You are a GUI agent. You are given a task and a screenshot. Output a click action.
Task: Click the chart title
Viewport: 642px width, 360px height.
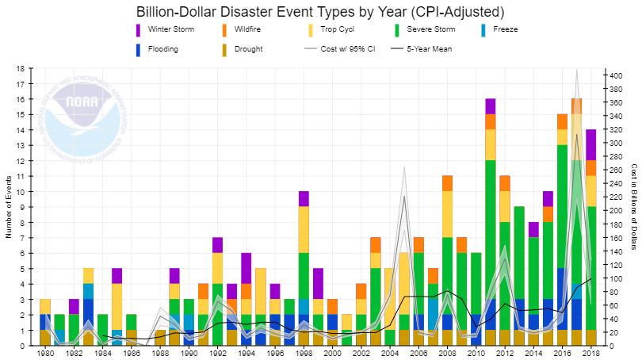[320, 12]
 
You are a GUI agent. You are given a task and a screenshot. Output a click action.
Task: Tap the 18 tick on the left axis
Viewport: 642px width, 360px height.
[21, 69]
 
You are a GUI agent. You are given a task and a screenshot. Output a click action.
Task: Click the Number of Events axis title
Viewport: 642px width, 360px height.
[9, 207]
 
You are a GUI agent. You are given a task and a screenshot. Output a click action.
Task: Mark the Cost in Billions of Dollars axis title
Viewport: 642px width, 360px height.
[634, 207]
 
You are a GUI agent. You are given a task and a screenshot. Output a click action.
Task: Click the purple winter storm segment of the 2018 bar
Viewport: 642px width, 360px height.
[590, 144]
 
